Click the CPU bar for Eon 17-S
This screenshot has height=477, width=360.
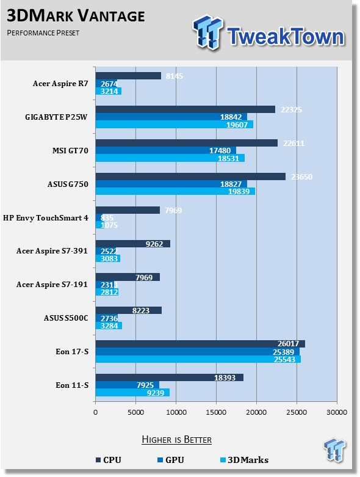(200, 344)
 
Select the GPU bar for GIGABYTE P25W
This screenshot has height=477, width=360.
(171, 117)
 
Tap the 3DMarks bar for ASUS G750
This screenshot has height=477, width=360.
(175, 191)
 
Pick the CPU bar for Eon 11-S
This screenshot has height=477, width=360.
(170, 377)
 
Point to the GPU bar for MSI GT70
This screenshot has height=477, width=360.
(166, 150)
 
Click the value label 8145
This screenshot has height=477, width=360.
(175, 76)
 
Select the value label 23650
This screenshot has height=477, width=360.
(301, 177)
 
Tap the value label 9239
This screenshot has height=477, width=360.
(156, 393)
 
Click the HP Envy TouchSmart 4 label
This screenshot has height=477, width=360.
(46, 218)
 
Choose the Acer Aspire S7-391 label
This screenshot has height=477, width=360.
(52, 251)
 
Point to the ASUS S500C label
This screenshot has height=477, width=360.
(66, 318)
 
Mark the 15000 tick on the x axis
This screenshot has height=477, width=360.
(216, 412)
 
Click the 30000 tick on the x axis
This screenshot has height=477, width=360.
(337, 412)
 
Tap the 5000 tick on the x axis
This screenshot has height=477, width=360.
(135, 412)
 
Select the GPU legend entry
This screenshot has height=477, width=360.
(171, 460)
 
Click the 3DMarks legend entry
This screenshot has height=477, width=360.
(244, 460)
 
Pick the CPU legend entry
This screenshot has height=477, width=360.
(109, 460)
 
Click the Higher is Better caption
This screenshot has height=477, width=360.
(177, 440)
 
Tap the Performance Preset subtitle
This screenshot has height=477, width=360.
(43, 32)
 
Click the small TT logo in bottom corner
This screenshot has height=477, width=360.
(334, 449)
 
